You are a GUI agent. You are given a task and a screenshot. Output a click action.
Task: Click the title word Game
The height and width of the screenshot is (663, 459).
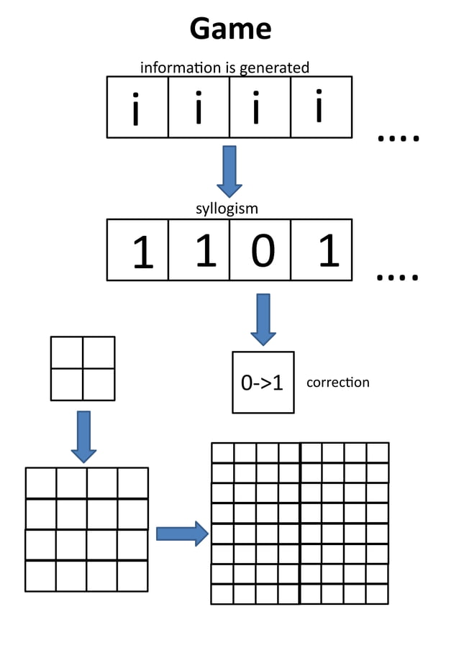tap(230, 29)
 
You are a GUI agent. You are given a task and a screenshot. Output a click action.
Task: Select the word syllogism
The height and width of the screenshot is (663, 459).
tap(227, 209)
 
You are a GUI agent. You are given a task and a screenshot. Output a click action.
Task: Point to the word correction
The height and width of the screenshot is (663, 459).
tap(337, 383)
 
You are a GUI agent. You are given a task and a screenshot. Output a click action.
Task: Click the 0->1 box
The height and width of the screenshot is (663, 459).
tap(263, 383)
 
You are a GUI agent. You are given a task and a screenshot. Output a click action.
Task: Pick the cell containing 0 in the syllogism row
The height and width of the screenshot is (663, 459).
tap(260, 250)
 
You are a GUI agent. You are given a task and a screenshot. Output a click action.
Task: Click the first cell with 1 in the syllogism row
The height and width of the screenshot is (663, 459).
tap(138, 250)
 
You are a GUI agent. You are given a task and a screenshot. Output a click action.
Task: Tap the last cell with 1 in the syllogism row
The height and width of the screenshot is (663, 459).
tap(321, 250)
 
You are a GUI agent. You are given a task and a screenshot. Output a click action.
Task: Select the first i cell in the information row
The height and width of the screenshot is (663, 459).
tap(138, 107)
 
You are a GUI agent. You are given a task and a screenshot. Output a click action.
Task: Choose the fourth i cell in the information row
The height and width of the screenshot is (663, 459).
tap(321, 107)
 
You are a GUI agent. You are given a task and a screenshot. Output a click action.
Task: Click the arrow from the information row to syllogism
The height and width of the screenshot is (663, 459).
tap(229, 170)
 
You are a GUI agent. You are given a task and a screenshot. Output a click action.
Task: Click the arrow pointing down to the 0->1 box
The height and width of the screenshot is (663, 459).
tap(263, 319)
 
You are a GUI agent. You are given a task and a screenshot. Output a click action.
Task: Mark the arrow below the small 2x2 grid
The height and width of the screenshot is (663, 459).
tap(83, 436)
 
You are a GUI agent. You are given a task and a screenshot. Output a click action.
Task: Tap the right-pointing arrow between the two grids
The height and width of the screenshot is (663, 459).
tap(182, 534)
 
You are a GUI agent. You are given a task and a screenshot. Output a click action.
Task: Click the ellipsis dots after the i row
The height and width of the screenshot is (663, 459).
tap(398, 137)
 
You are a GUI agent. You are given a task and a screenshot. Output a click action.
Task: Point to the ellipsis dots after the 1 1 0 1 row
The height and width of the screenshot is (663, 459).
tap(398, 275)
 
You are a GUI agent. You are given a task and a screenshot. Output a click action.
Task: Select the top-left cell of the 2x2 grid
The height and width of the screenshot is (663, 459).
tap(67, 352)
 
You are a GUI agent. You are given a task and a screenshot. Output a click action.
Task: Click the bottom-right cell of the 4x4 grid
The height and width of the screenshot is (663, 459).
tap(132, 575)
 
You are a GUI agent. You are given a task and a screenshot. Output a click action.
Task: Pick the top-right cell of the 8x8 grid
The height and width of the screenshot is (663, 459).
tap(378, 453)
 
